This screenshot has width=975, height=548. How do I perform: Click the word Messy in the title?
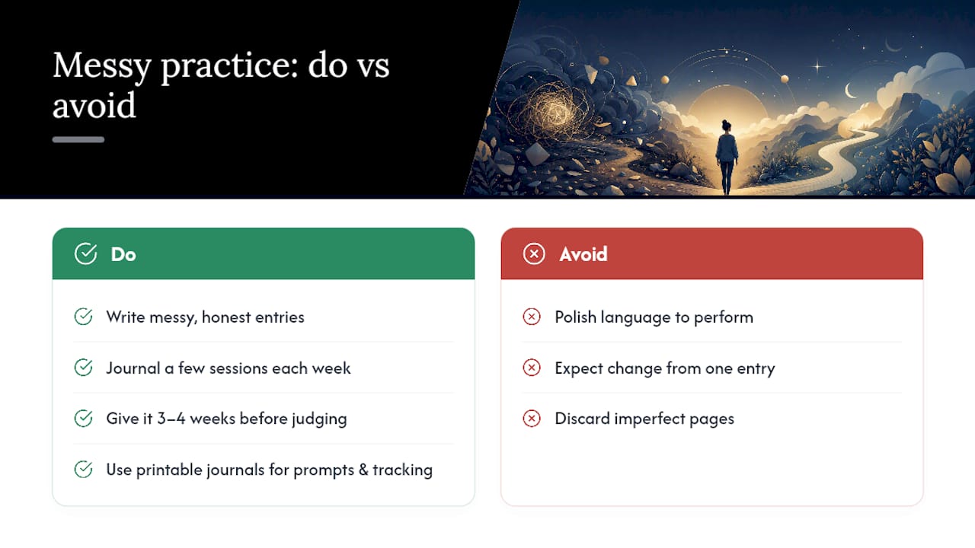[x=102, y=66]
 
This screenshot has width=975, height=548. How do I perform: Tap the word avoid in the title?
[x=94, y=105]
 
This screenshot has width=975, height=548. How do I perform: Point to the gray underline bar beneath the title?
[x=78, y=139]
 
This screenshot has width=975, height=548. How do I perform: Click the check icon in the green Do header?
[x=85, y=254]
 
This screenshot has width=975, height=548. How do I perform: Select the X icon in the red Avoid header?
[x=534, y=254]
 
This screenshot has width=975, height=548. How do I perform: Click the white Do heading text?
[x=123, y=254]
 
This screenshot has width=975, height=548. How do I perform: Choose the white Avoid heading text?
[x=583, y=254]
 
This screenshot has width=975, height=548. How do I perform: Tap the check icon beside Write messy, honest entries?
[x=83, y=317]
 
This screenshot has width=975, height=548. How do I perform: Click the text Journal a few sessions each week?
[x=229, y=368]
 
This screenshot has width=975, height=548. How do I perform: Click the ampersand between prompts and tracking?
[x=363, y=470]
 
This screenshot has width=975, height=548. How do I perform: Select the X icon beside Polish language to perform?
[x=532, y=317]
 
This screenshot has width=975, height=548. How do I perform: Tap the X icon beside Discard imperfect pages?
[x=532, y=419]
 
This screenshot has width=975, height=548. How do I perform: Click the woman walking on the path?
[x=727, y=157]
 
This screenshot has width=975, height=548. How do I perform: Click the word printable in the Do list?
[x=169, y=470]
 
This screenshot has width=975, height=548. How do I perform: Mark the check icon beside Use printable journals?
[x=83, y=470]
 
